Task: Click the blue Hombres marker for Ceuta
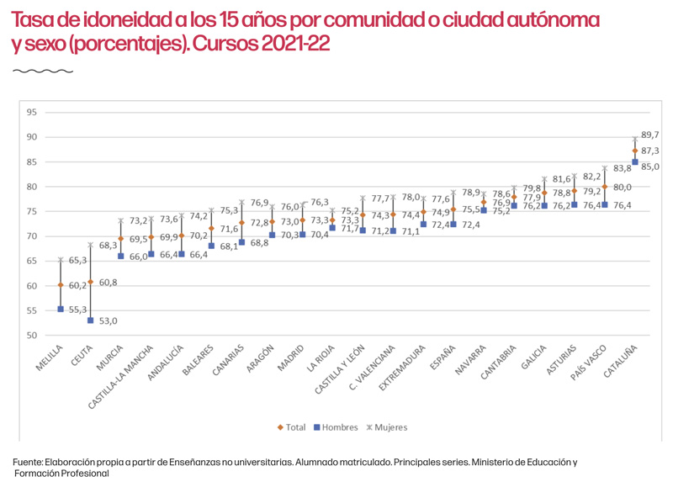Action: [x=91, y=320]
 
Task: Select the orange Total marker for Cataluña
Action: [x=635, y=151]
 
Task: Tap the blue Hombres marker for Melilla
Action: [x=61, y=310]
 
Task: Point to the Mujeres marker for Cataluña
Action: [x=635, y=139]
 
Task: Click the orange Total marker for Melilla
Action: [x=61, y=285]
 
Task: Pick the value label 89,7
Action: [x=650, y=135]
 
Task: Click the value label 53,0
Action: [x=109, y=321]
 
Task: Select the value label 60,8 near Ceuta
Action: [x=109, y=283]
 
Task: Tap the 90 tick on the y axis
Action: [x=32, y=137]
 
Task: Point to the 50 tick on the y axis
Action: [x=32, y=336]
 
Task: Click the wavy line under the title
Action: [x=32, y=71]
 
